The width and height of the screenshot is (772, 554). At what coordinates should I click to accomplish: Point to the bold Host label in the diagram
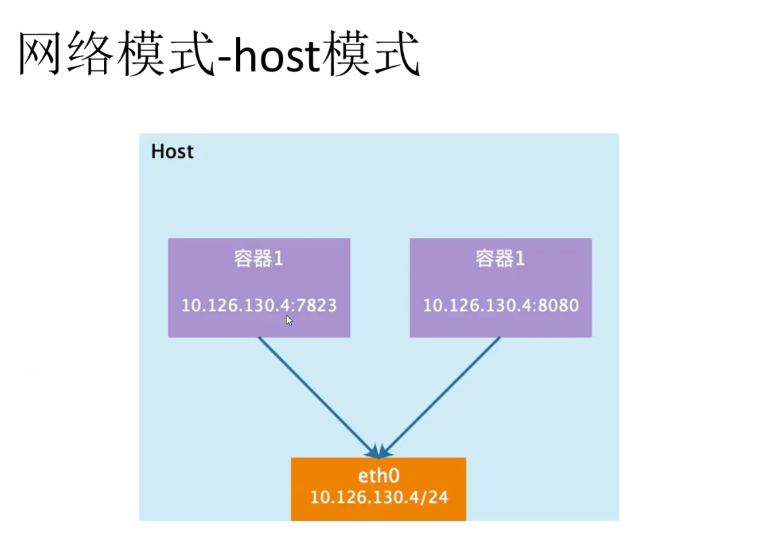[172, 152]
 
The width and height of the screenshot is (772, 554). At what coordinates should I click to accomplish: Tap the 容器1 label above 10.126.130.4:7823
[259, 259]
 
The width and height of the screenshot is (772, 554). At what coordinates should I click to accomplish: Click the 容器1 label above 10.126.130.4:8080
[500, 259]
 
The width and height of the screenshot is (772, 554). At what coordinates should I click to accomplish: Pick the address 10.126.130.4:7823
[259, 305]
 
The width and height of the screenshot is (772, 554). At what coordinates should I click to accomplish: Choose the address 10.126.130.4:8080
[500, 305]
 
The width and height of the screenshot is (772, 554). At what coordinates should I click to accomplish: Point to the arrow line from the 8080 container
[442, 394]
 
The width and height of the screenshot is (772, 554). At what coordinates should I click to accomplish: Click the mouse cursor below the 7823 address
[289, 320]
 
